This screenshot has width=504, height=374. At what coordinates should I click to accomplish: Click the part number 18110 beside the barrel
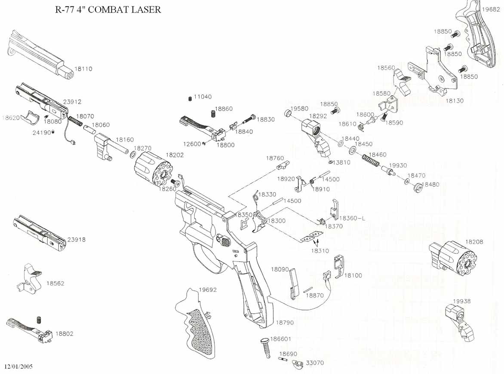click(83, 69)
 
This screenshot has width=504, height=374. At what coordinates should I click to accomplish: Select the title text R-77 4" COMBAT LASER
click(108, 9)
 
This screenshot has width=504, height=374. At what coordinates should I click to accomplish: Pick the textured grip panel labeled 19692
click(197, 323)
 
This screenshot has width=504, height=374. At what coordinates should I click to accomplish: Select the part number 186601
click(280, 339)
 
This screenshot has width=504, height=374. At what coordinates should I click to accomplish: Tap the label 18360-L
click(352, 218)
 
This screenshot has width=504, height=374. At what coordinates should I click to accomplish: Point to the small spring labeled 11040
click(190, 98)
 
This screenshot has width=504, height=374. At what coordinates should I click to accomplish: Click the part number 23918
click(77, 240)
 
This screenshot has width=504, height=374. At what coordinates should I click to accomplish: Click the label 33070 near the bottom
click(315, 363)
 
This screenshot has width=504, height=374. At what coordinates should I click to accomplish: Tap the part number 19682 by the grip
click(491, 9)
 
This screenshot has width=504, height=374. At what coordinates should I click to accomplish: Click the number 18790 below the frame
click(285, 322)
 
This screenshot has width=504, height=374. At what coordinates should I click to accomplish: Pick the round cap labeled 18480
click(417, 188)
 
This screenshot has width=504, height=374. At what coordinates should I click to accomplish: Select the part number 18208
click(474, 242)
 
